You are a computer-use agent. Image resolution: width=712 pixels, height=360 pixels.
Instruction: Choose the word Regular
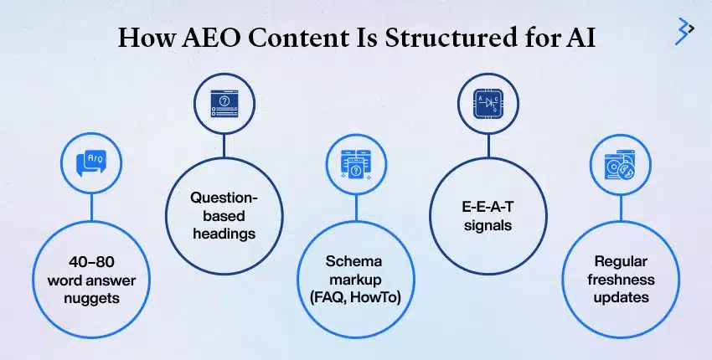pos(620,262)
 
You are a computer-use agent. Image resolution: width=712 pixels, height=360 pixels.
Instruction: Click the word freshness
pos(620,279)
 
